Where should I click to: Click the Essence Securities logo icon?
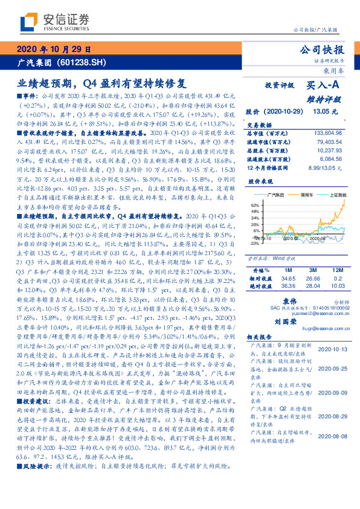pos(29,23)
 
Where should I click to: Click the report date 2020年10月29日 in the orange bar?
pos(54,50)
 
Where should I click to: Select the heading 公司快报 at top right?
pos(325,50)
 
